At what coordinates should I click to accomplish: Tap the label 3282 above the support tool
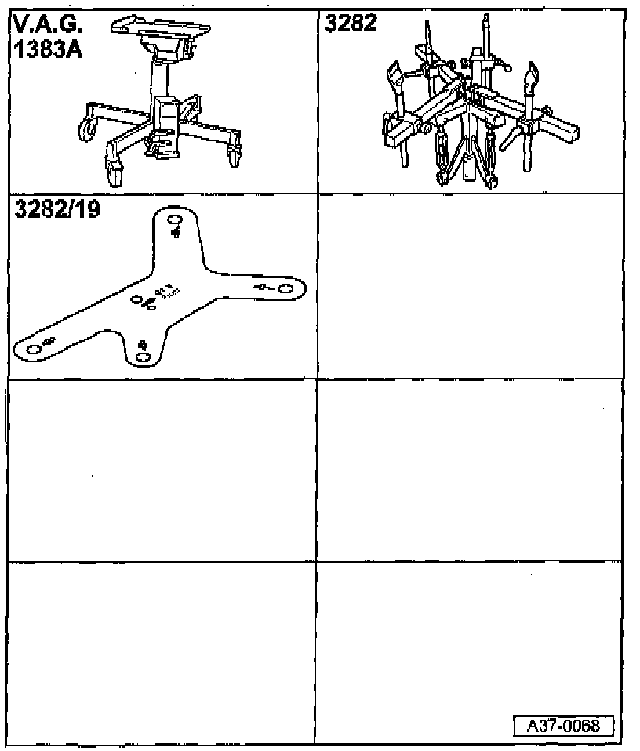351,24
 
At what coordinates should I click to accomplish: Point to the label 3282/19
56,210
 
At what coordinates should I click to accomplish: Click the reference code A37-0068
562,725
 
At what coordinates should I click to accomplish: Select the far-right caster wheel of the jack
234,158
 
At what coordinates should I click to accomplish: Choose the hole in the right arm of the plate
285,290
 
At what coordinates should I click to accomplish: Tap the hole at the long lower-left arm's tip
32,349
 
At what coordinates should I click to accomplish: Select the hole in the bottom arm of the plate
143,357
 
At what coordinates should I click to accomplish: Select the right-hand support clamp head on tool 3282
532,78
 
